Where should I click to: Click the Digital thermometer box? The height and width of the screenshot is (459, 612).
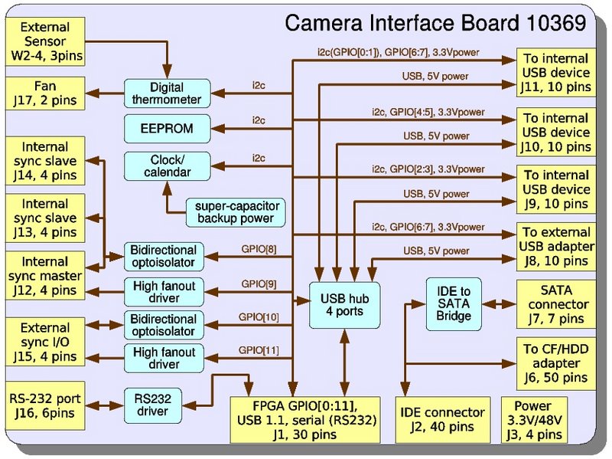[167, 93]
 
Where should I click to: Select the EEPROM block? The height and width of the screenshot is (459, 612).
[167, 129]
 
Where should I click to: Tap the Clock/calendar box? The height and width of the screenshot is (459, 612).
[167, 166]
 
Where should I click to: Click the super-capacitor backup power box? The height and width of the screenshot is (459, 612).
[236, 212]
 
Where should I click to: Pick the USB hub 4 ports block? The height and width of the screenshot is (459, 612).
[345, 305]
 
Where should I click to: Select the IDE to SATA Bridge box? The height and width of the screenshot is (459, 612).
[454, 303]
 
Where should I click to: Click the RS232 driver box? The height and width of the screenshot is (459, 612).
[152, 405]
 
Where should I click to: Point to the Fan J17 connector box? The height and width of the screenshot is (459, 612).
[45, 93]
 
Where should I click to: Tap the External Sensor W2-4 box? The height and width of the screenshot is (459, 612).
[45, 41]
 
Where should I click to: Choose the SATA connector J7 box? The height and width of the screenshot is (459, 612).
[556, 304]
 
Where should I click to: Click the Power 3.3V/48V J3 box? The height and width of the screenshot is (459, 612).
[534, 420]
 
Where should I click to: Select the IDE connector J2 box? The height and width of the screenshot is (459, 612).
[443, 420]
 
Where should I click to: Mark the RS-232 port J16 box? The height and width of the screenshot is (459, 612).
[45, 405]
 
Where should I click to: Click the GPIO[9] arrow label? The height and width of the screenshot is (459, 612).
[259, 284]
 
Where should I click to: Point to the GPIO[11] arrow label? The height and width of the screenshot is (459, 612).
[259, 350]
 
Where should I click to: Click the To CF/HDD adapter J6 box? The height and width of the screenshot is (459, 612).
[556, 364]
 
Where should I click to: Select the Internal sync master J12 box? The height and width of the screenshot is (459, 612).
[45, 276]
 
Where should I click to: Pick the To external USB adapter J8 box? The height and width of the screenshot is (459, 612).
[556, 247]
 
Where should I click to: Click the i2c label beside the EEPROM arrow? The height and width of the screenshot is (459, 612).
[259, 120]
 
